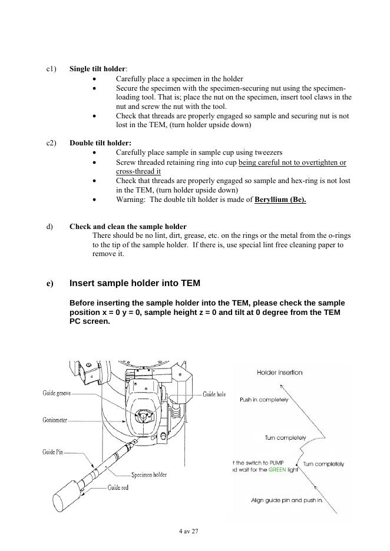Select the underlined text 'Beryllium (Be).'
(280, 200)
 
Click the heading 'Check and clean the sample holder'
(128, 227)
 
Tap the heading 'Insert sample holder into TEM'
(135, 283)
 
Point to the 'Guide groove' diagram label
(56, 393)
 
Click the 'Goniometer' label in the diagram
(55, 420)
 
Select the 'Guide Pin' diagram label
(52, 452)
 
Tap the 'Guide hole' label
(214, 394)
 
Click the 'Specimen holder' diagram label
(149, 474)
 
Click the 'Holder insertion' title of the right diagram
(280, 373)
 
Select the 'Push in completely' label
(264, 400)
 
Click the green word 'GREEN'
(277, 470)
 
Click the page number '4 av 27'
(189, 531)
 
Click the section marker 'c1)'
(51, 69)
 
